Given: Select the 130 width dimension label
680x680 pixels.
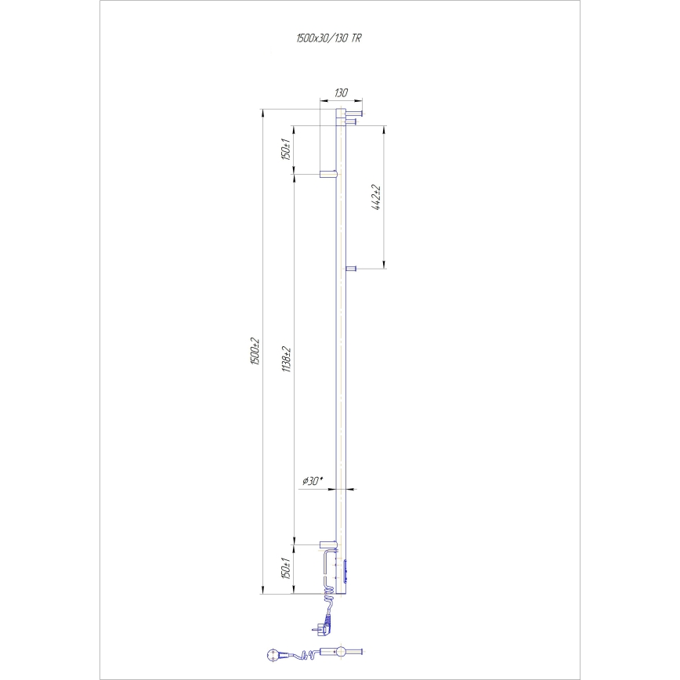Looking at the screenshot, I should (341, 93).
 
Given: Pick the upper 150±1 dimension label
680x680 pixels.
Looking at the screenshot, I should (288, 148).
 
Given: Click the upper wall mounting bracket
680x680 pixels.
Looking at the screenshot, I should (327, 172).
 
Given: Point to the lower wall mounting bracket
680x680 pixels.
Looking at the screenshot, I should (327, 543).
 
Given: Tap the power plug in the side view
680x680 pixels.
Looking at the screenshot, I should (324, 625).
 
